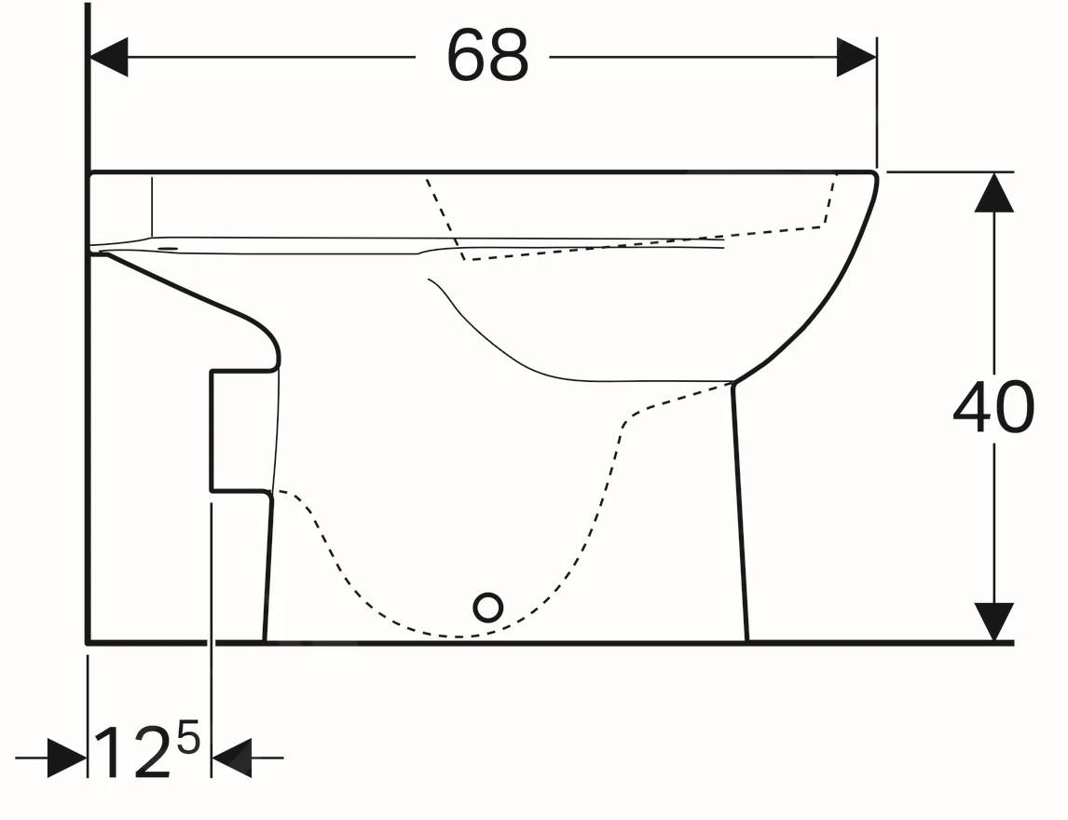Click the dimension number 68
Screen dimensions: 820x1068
pos(487,55)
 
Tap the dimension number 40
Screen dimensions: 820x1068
pos(993,407)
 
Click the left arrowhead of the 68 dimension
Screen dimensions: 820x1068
pos(108,57)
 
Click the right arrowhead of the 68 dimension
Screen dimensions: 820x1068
pos(856,57)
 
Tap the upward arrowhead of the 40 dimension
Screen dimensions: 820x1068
pos(994,193)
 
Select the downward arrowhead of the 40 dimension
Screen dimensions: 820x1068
pos(994,622)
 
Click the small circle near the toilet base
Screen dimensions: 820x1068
pos(487,608)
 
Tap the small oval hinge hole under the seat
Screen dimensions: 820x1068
pos(169,248)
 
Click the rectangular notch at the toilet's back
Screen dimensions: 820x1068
pos(239,430)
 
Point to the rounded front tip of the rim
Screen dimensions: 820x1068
pos(874,176)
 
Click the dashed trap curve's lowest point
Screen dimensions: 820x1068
pos(461,636)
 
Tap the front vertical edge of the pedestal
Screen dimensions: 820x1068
pos(740,512)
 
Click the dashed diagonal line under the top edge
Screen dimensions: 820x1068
pos(444,214)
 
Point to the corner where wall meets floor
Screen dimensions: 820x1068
pos(88,642)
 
